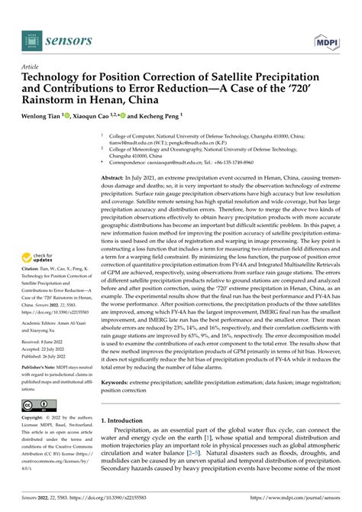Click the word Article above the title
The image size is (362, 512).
tap(33, 67)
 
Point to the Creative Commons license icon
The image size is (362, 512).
tap(37, 403)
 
